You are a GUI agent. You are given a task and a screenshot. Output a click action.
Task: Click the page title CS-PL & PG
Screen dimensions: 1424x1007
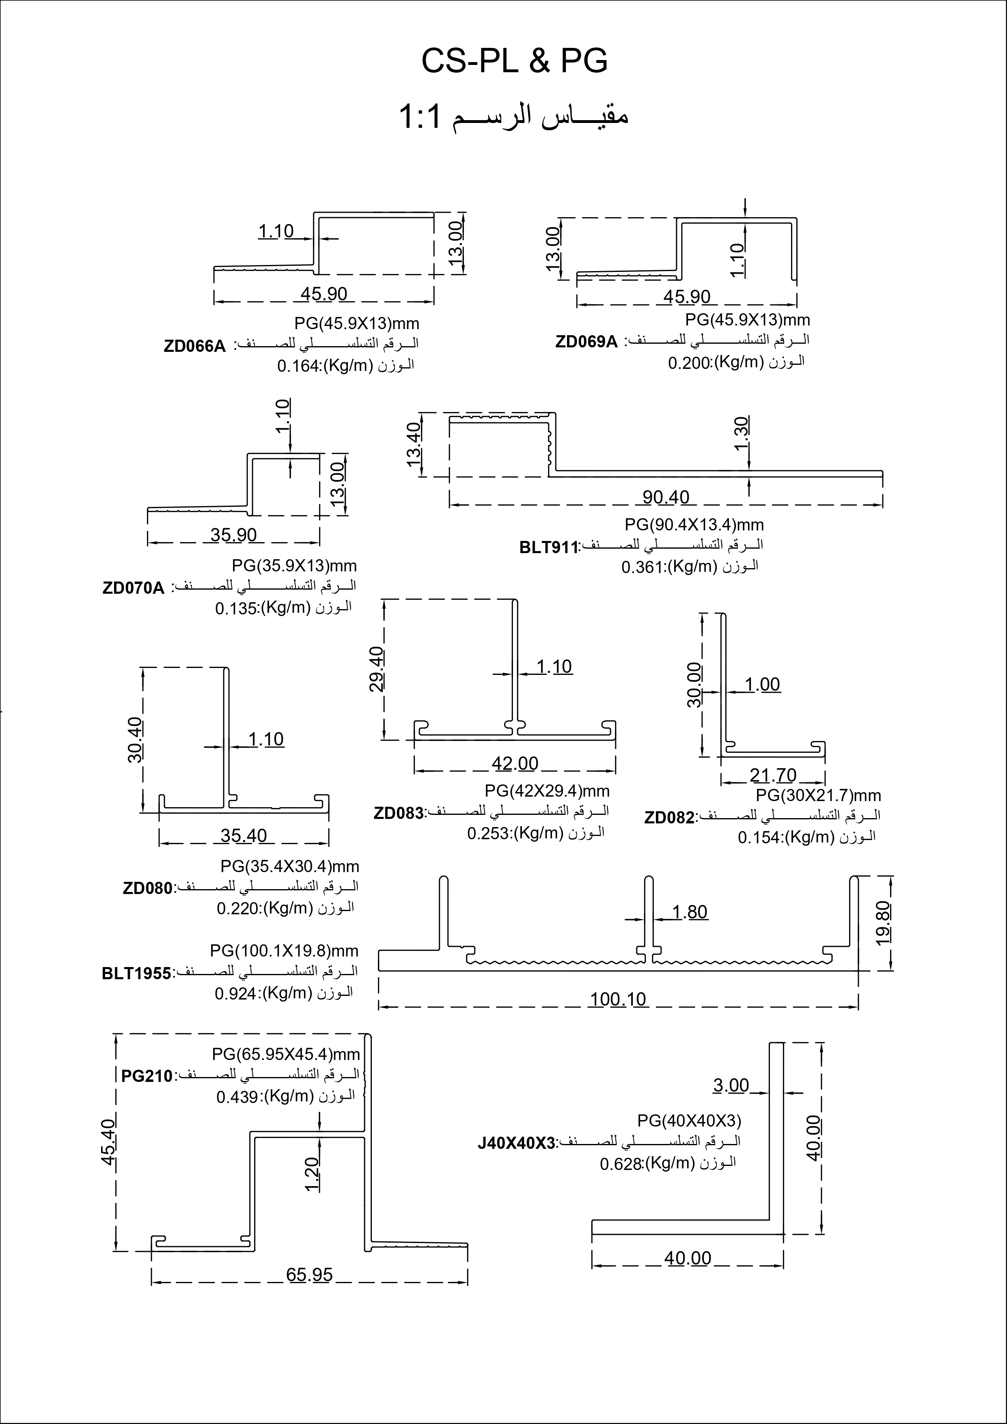[514, 61]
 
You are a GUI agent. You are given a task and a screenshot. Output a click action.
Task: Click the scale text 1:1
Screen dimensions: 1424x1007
[420, 116]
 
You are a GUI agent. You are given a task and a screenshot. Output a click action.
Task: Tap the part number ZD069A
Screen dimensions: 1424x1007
[587, 342]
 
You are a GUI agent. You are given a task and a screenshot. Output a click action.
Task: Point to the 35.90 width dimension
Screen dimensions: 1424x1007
[233, 534]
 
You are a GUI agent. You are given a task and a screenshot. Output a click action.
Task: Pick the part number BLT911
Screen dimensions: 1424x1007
[548, 547]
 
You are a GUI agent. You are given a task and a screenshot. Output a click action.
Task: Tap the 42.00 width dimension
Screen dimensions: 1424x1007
[515, 763]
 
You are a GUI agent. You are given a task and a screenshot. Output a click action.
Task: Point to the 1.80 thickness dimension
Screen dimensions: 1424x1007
[690, 912]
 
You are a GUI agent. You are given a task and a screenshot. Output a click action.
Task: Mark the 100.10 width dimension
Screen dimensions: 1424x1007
[618, 999]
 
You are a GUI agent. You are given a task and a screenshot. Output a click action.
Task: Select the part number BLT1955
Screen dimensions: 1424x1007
[136, 974]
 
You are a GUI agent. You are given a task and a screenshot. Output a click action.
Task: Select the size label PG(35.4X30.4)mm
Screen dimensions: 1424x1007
[290, 866]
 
